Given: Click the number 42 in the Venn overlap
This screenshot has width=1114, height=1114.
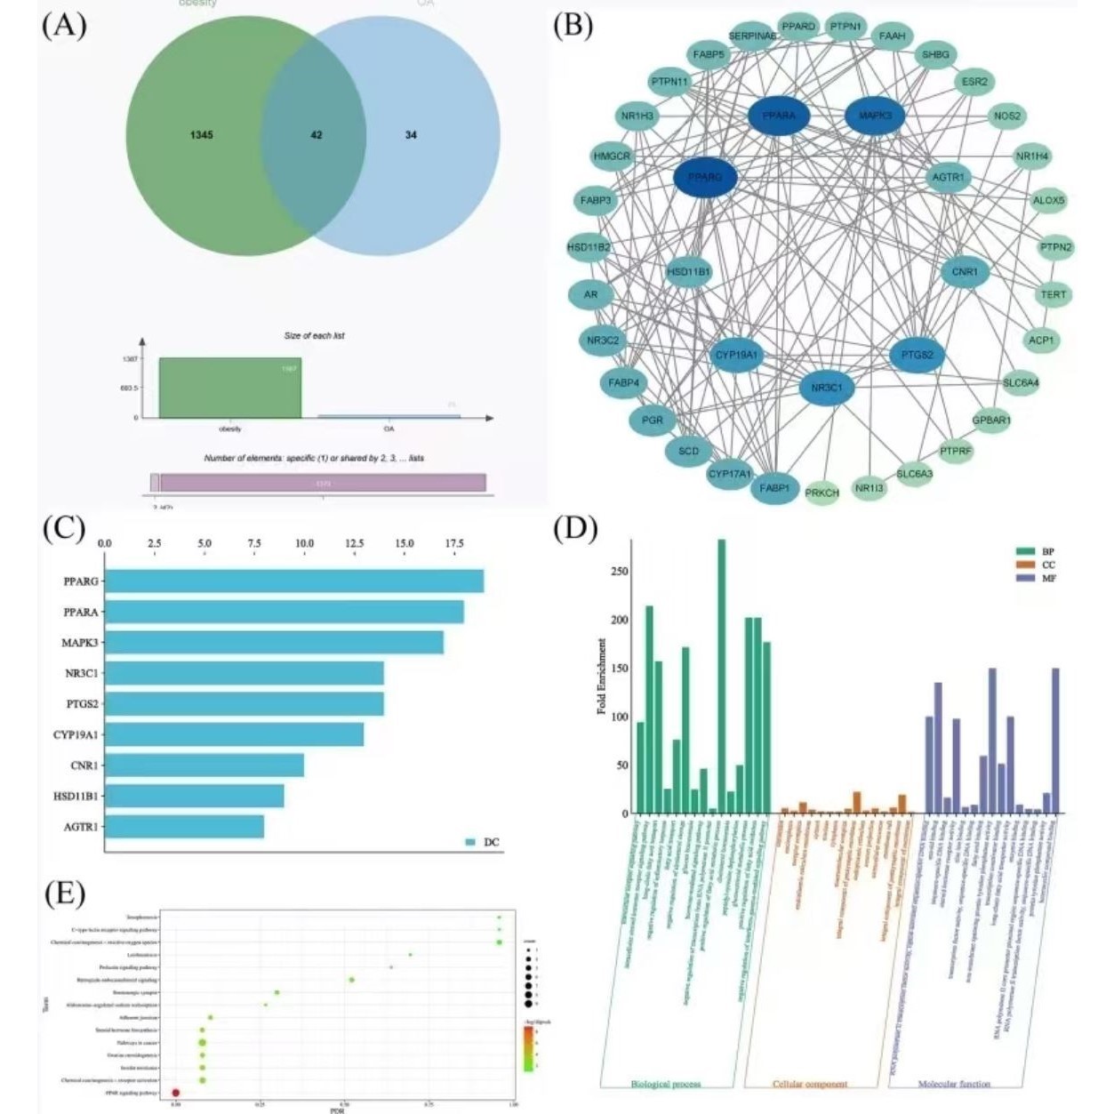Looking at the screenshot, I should [x=317, y=135].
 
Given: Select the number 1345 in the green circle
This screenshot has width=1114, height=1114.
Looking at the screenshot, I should [x=202, y=135].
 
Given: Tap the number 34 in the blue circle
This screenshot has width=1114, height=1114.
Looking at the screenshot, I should [x=411, y=135].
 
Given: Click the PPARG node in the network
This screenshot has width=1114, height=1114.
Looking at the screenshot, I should [x=706, y=178].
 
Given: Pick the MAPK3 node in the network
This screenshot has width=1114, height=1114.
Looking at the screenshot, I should [x=874, y=116].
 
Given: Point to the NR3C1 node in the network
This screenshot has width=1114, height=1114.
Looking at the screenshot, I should [x=827, y=388].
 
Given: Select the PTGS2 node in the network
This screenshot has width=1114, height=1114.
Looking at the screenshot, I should [x=917, y=355].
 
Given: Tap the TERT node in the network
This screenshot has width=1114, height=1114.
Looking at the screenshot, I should [x=1053, y=294].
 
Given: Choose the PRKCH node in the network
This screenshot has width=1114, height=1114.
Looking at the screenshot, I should [x=821, y=493].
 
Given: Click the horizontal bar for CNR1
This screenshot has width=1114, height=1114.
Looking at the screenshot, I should [x=204, y=765].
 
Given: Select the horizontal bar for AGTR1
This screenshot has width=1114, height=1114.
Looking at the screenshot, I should [x=185, y=827].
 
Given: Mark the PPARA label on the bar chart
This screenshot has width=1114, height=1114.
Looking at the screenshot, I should [x=81, y=613].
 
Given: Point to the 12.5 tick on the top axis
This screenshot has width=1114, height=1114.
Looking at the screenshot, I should [x=355, y=543].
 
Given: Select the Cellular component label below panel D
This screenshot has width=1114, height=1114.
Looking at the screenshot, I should [x=809, y=1084].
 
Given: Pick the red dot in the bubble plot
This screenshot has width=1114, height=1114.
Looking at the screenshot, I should [x=176, y=1092].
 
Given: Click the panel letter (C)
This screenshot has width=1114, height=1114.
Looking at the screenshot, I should [x=64, y=528].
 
